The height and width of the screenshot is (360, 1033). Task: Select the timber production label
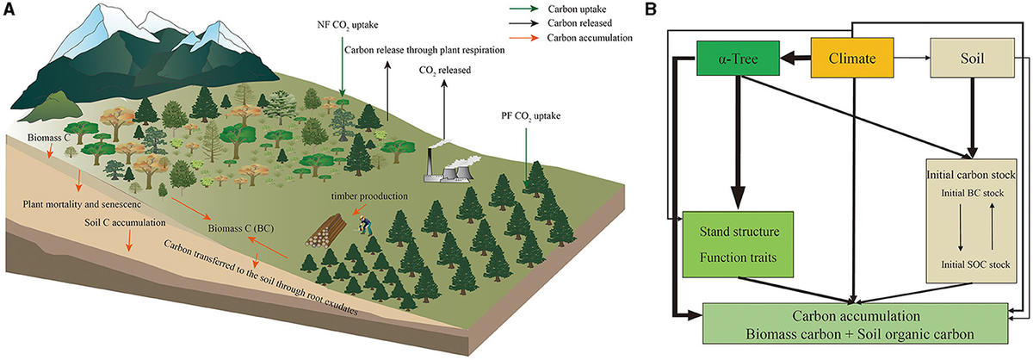coord(356,196)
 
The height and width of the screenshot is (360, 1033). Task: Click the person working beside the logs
coord(365,226)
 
